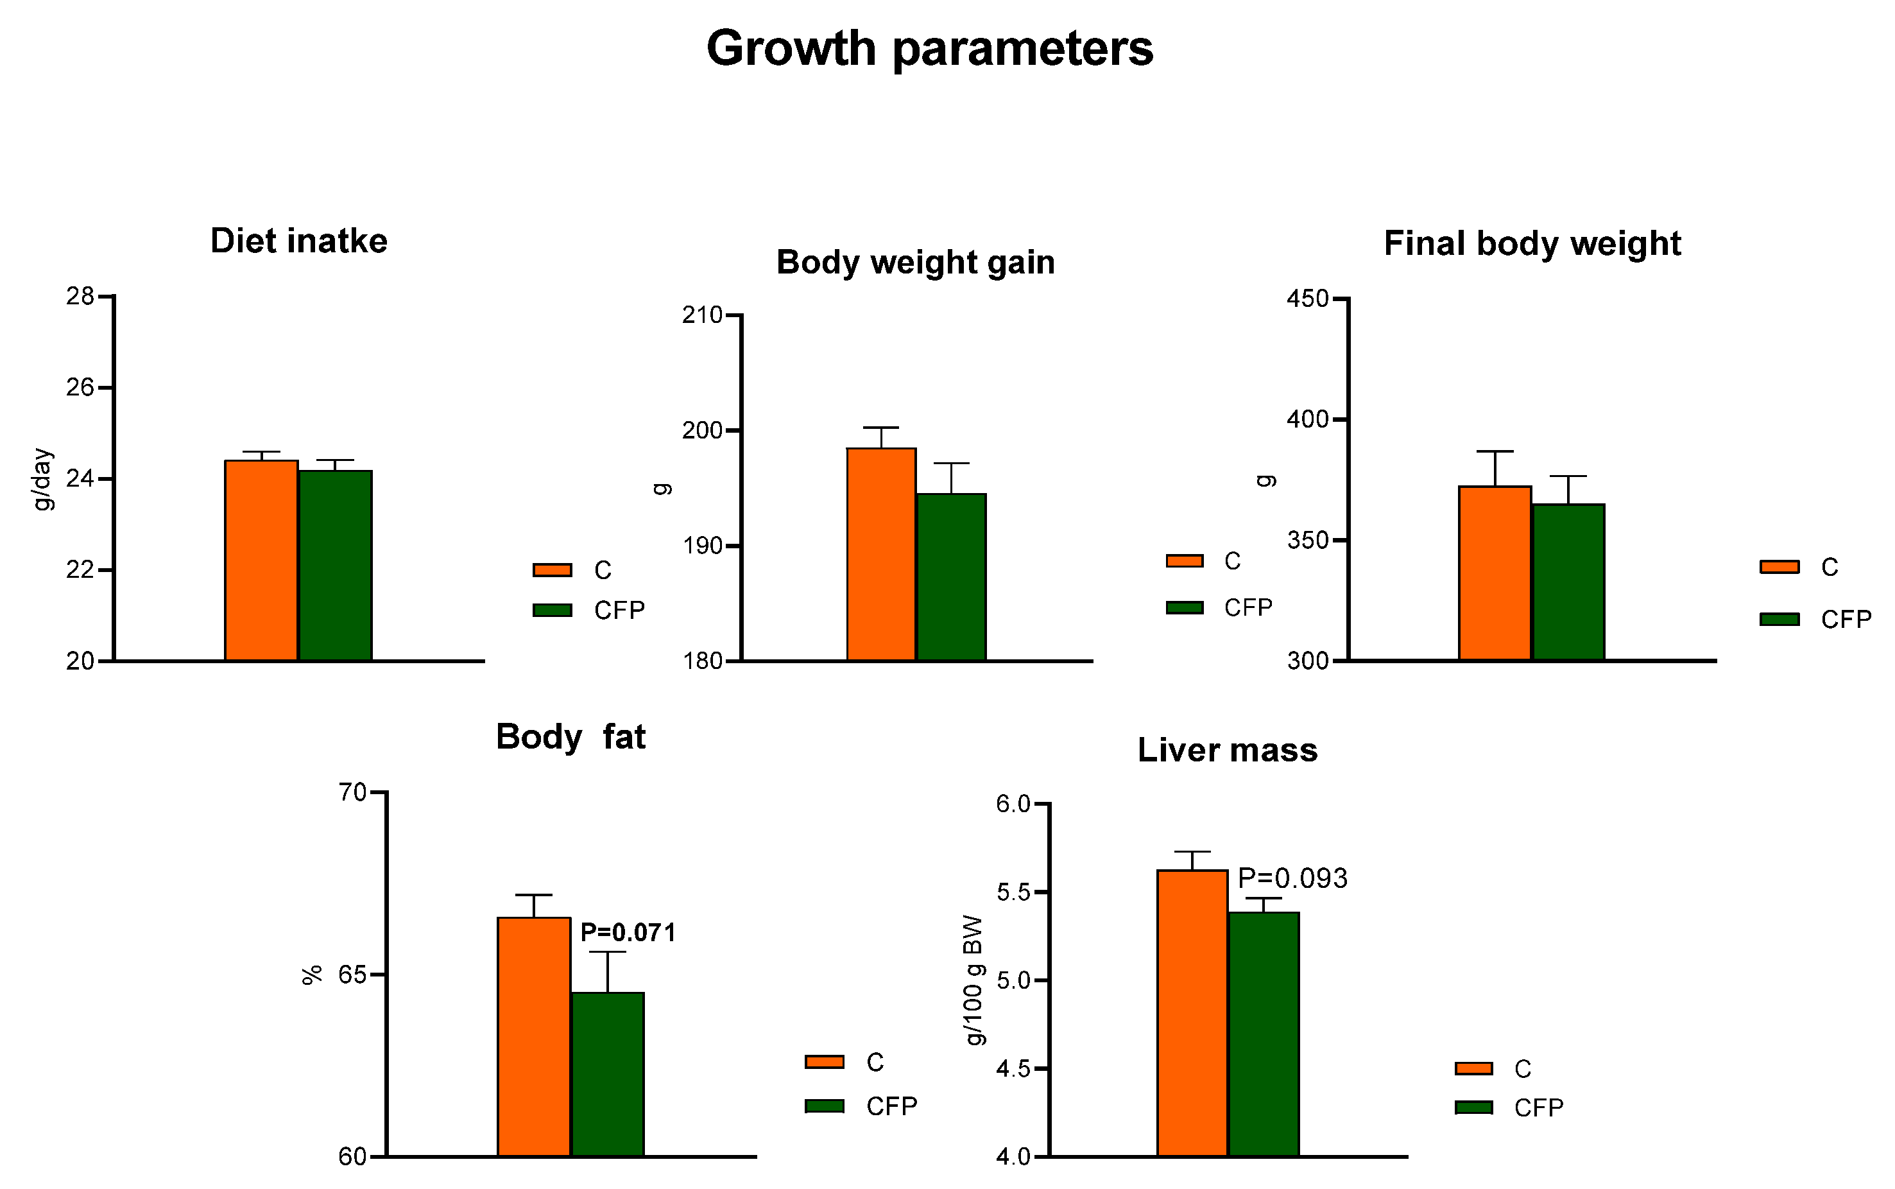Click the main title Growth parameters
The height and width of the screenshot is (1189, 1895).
click(x=929, y=49)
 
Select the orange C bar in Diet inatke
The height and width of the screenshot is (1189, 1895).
click(x=261, y=560)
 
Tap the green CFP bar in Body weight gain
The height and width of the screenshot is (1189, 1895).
click(x=951, y=577)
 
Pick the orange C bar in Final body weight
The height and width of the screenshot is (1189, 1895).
click(x=1494, y=573)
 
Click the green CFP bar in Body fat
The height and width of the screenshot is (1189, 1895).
click(x=608, y=1074)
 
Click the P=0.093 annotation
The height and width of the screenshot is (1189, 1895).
click(x=1292, y=878)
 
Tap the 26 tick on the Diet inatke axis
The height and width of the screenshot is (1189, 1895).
click(x=80, y=388)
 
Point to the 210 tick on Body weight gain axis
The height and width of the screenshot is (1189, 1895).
click(x=702, y=315)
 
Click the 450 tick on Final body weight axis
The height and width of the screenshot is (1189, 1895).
click(x=1307, y=299)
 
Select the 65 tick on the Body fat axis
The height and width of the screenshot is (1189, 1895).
click(x=353, y=975)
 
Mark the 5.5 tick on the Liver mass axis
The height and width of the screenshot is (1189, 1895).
click(x=1013, y=892)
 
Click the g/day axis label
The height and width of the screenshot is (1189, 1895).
click(x=42, y=480)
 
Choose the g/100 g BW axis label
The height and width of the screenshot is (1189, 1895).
click(x=973, y=980)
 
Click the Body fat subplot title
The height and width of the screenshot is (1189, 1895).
click(x=570, y=738)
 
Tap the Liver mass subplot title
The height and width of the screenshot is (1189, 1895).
click(x=1227, y=751)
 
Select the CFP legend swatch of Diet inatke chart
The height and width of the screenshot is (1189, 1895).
click(x=552, y=610)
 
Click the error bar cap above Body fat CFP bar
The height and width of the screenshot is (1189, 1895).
click(x=608, y=952)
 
